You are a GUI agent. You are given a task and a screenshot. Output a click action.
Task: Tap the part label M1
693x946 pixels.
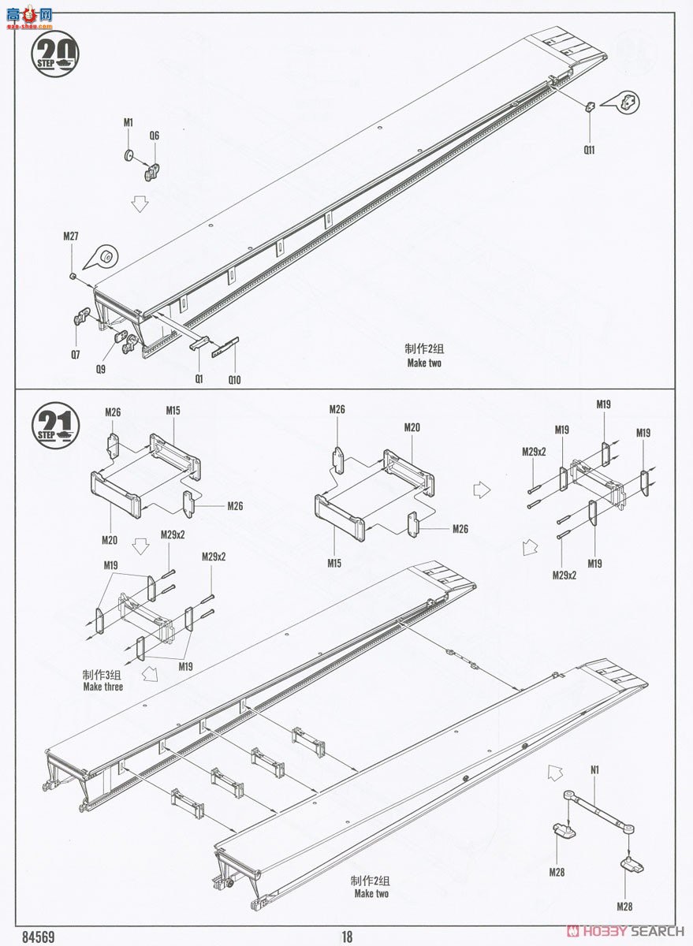pos(129,123)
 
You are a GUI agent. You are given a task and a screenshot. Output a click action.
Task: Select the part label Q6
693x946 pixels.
pos(154,136)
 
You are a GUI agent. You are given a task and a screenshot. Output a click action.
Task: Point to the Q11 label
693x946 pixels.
pos(589,150)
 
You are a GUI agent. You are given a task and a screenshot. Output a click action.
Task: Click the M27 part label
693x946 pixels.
pos(71,236)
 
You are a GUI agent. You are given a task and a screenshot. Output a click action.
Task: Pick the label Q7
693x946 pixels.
pos(75,355)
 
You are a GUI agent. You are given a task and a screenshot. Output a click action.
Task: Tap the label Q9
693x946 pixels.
pos(101,369)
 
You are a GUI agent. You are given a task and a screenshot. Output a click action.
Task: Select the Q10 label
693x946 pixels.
pos(234,380)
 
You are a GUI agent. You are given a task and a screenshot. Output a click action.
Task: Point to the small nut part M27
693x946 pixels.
pos(72,276)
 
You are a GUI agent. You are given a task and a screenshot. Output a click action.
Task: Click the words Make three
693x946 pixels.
pos(103,687)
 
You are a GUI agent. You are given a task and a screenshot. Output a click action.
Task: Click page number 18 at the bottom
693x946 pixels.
pos(347,937)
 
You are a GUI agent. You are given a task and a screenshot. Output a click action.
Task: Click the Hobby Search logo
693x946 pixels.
pos(626,931)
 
